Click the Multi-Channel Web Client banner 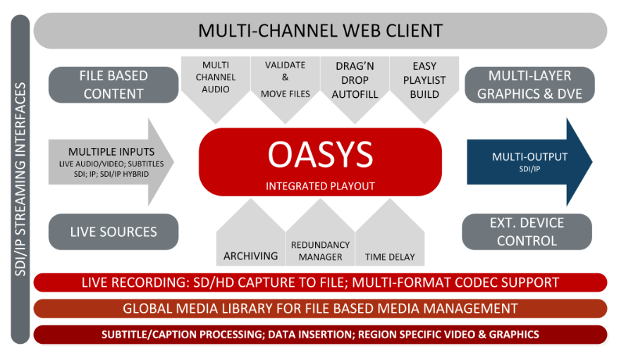point(320,31)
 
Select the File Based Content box point(114,85)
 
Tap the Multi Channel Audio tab point(215,77)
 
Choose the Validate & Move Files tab point(285,79)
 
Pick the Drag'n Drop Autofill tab point(354,79)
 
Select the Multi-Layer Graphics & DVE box point(529,85)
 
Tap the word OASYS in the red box point(320,154)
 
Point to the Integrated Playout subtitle point(320,187)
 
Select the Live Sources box point(114,232)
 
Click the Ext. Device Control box point(527,232)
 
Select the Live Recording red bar point(320,283)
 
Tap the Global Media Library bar point(320,309)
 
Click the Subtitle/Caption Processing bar point(320,334)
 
